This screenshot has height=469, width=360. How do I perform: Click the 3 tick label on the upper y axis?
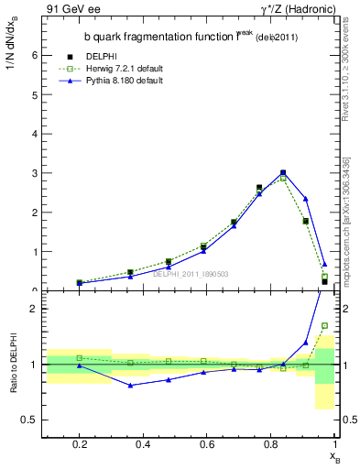point(34,173)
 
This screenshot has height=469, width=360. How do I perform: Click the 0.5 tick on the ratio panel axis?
point(29,420)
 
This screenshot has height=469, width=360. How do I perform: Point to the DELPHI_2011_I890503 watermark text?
point(190,274)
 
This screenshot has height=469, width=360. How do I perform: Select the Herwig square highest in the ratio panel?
point(324,325)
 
